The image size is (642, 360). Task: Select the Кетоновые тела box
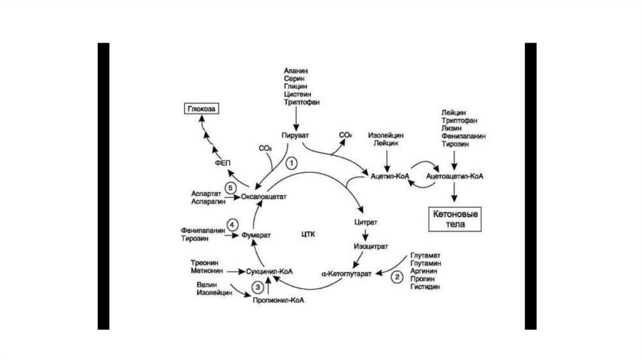[x=455, y=220]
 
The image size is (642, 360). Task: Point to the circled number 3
[x=258, y=287]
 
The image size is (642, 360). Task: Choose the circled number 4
[x=233, y=224]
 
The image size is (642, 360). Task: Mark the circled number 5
[x=231, y=187]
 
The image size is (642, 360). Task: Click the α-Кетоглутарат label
[x=347, y=274]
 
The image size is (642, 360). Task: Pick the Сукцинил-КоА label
[x=269, y=272]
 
